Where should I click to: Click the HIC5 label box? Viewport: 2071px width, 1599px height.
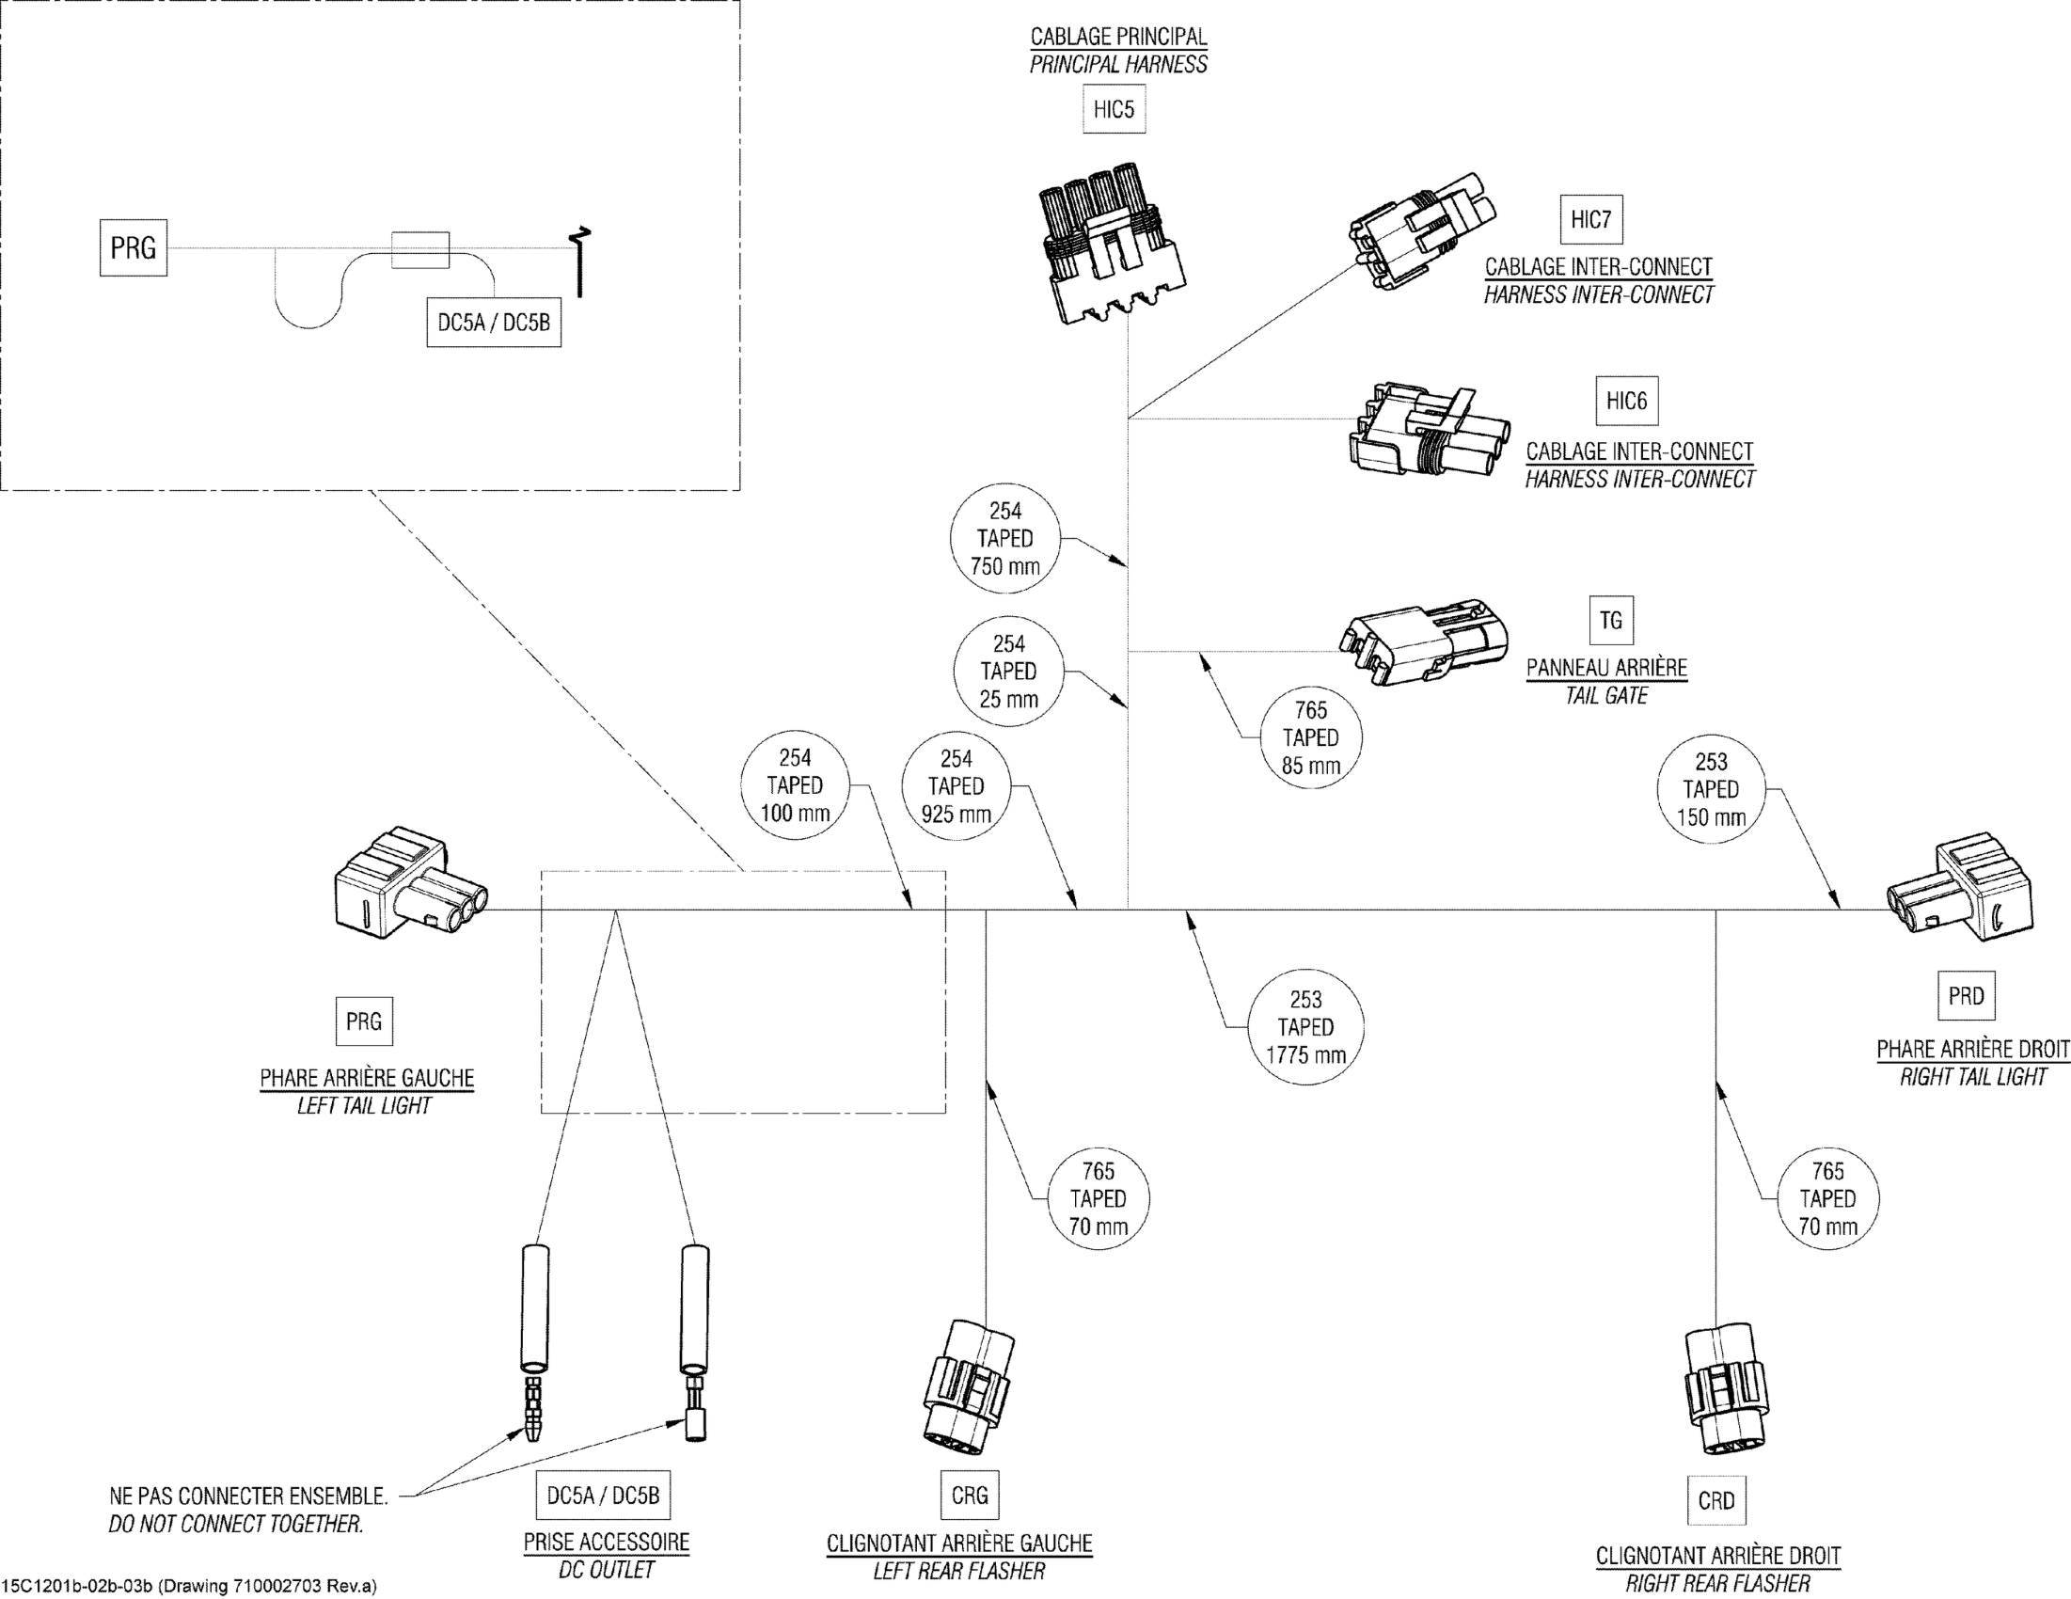pos(1114,110)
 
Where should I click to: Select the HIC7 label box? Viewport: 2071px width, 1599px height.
pos(1590,220)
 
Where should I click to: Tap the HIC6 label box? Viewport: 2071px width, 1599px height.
pos(1626,402)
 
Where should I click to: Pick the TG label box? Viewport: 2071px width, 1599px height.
pos(1610,620)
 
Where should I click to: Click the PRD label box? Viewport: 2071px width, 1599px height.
pos(1966,996)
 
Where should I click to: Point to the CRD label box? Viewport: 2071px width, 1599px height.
pos(1716,1500)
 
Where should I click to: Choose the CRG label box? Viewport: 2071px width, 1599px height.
pos(969,1495)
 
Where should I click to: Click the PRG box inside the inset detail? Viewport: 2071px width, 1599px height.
pos(134,248)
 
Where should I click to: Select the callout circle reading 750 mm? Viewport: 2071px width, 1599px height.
pos(1005,539)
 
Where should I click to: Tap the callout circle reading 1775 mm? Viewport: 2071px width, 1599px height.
pos(1305,1027)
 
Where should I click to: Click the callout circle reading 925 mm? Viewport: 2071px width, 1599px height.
pos(956,786)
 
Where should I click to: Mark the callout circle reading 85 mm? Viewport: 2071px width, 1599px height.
pos(1310,737)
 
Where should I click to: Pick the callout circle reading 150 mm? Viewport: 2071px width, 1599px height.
pos(1711,789)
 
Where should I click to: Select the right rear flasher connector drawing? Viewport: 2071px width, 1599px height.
pos(1724,1389)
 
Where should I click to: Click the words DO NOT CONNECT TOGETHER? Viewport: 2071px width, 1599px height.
pos(236,1524)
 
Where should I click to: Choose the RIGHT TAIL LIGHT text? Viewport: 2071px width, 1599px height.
pos(1972,1076)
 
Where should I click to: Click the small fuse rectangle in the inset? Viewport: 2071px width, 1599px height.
pos(420,249)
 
